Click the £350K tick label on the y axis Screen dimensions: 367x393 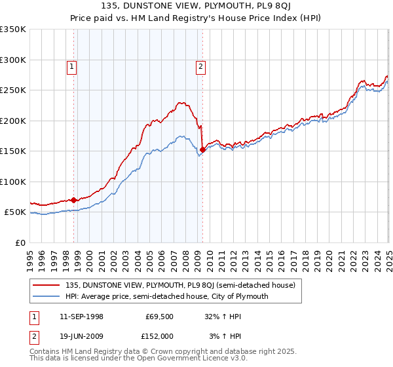[x=12, y=29]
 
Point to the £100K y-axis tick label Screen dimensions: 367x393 [x=12, y=182]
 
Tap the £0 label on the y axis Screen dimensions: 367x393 [x=20, y=242]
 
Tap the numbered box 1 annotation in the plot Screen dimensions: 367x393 [x=71, y=66]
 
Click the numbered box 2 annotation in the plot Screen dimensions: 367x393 [x=200, y=66]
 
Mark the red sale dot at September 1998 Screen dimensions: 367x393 [x=74, y=200]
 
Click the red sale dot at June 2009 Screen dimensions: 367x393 [x=202, y=150]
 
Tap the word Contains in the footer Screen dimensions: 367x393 [x=46, y=351]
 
